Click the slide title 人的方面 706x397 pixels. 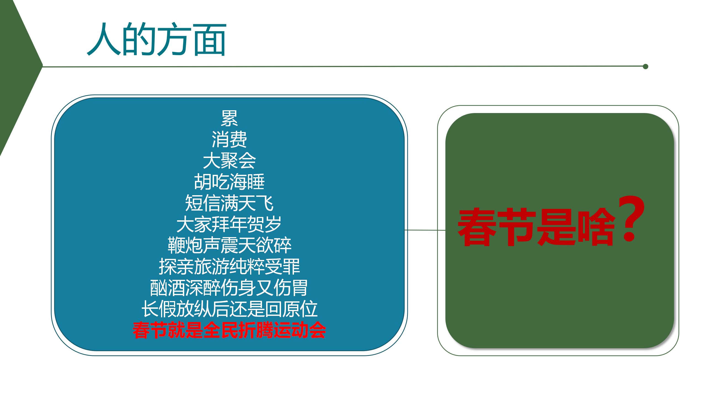(x=157, y=39)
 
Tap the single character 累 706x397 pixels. (x=229, y=118)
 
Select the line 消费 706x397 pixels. (x=229, y=139)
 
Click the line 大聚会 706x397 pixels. (x=229, y=160)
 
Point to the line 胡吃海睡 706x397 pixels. (x=229, y=182)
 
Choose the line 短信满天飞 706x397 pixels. (x=229, y=203)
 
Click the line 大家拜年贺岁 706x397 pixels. (x=229, y=224)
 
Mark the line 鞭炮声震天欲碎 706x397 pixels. (x=229, y=245)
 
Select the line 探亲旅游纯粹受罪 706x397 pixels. (x=229, y=266)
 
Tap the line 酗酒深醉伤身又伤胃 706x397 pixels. (x=229, y=288)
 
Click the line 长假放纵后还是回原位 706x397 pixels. (x=229, y=309)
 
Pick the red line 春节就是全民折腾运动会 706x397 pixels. (x=229, y=330)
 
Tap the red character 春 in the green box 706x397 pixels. (x=478, y=227)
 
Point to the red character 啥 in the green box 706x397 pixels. (x=596, y=227)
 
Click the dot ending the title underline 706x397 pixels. (x=646, y=66)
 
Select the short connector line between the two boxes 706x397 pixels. (x=425, y=230)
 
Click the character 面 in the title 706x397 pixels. (x=210, y=40)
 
